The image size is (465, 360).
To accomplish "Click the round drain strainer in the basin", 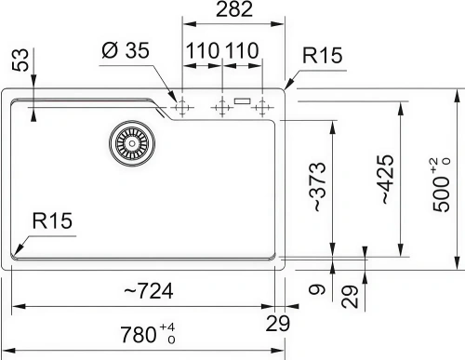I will tap(128, 141).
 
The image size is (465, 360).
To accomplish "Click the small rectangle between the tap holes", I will tap(243, 101).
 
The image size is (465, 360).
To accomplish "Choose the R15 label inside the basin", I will tap(51, 220).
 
